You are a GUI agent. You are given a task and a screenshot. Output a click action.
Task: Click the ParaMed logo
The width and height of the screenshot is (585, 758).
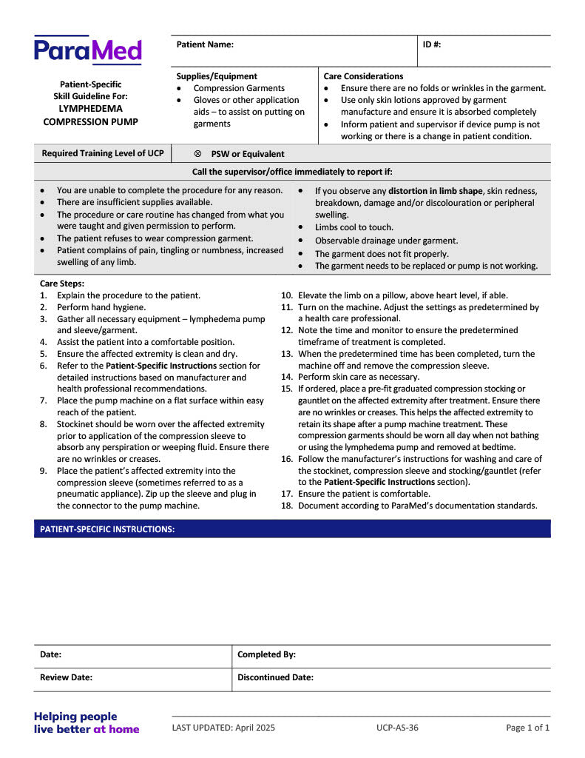coord(87,50)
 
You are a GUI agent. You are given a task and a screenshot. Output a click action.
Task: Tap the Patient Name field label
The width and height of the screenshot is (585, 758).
coord(205,44)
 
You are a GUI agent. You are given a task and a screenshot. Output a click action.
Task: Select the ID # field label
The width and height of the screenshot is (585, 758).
coord(432,44)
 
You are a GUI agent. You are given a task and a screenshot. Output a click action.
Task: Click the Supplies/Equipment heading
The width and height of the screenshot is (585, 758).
coord(217,76)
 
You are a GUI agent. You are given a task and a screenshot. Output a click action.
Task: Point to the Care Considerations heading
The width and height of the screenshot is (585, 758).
coord(363,76)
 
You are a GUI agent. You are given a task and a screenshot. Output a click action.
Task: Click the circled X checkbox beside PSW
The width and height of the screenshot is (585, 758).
coord(197,154)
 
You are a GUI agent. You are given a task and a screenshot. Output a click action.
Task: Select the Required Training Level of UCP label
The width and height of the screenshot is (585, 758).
coord(103,153)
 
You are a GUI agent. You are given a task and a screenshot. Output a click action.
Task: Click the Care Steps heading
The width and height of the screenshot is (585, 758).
coord(62,284)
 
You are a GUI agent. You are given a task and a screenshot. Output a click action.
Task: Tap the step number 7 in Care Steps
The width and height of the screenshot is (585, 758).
coord(43,400)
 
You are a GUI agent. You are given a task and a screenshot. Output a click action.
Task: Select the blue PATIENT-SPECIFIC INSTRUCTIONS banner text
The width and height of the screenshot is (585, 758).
coord(107,529)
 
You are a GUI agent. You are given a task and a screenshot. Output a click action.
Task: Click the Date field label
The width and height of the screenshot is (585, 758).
coord(50,654)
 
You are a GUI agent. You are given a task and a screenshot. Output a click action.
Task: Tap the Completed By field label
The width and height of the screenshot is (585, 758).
coord(266,654)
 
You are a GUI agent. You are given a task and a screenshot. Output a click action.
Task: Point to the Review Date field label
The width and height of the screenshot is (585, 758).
coord(66,677)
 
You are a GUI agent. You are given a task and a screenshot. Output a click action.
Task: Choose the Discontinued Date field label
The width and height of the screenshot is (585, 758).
coord(275,677)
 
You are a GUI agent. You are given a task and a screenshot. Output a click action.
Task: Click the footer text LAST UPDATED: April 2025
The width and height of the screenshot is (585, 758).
coord(223,728)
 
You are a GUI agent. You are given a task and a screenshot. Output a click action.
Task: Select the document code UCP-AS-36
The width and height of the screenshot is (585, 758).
coord(397,728)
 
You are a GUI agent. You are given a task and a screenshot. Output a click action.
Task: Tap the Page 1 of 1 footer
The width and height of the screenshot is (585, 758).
coord(527,728)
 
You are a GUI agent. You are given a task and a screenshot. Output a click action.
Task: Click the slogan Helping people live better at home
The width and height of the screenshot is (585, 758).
coord(86,722)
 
